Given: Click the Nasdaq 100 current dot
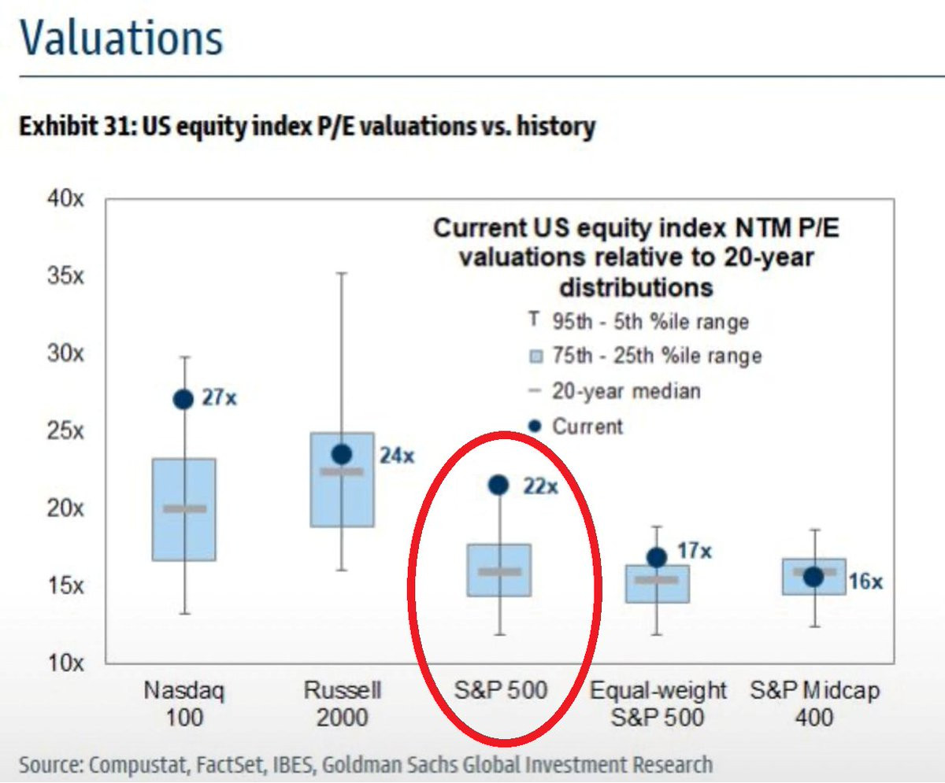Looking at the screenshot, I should point(183,399).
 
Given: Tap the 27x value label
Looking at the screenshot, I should point(220,398).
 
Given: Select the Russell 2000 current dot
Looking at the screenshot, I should point(341,454).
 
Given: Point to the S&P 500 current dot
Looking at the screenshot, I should point(498,485).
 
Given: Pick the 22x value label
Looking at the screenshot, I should point(540,487).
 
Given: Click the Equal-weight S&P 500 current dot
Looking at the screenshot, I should point(657,557).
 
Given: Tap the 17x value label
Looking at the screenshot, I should point(695,551).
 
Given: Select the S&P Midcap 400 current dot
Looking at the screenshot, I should point(813,577).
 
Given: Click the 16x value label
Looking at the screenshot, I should point(865,582).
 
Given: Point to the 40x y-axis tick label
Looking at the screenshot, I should point(65,199).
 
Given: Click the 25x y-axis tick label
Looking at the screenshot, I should point(65,431).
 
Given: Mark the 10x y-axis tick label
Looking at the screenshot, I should point(65,663).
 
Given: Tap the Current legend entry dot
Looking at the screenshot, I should point(536,427).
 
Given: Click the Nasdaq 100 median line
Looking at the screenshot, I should point(184,508).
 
